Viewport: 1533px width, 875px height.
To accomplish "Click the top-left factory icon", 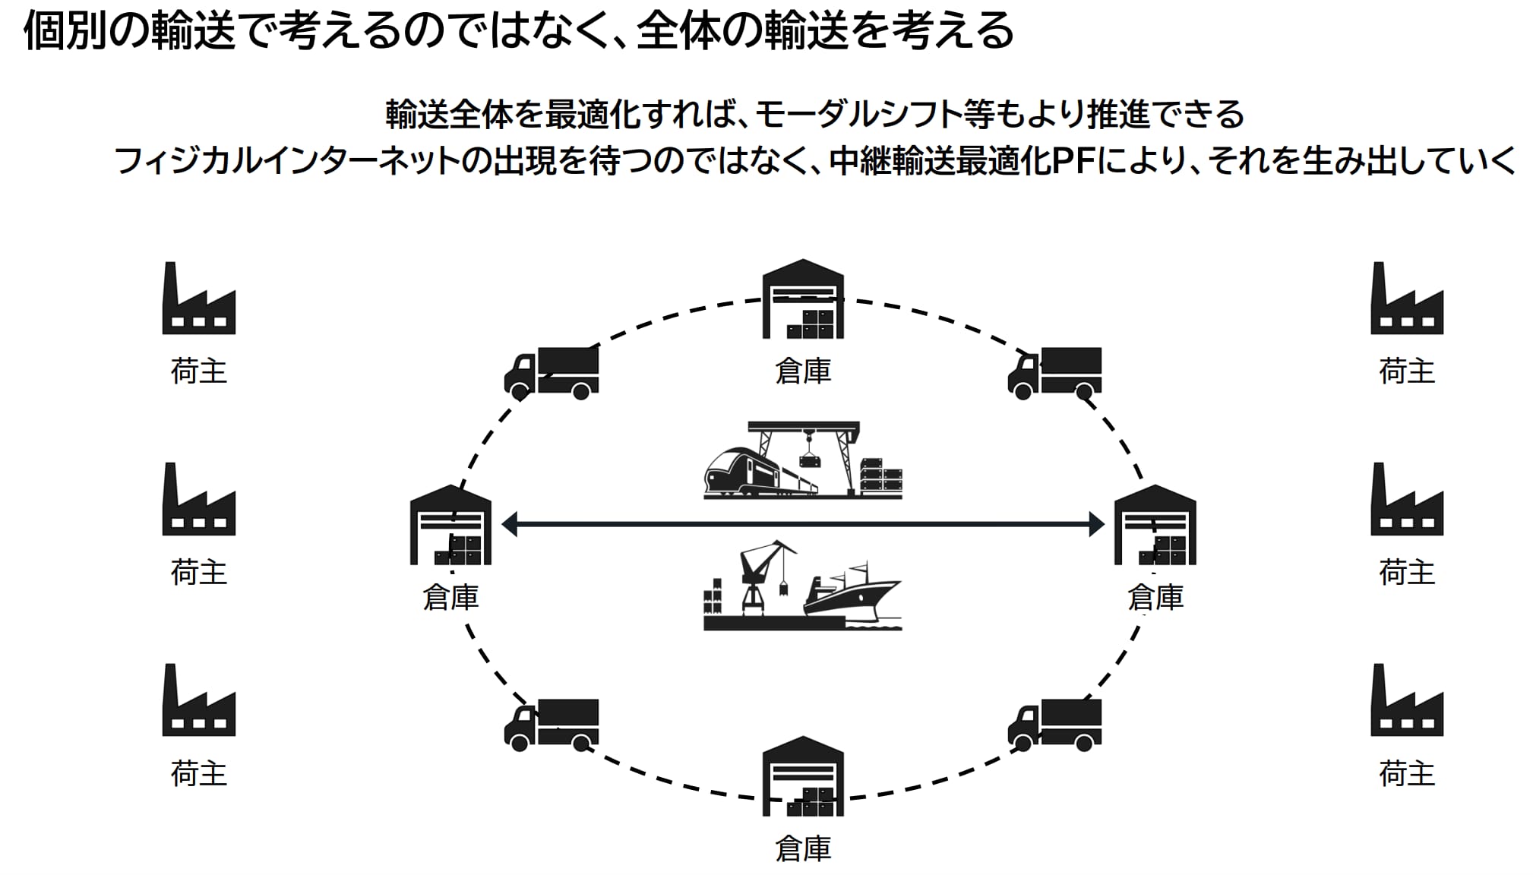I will (x=198, y=299).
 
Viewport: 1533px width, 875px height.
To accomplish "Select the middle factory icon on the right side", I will (x=1406, y=500).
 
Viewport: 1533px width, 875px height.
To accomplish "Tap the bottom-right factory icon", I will (x=1406, y=701).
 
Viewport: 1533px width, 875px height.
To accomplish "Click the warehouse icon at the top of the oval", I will (x=803, y=299).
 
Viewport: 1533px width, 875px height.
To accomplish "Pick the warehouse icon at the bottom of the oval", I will (x=803, y=776).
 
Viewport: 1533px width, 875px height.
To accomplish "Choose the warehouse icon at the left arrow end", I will (x=450, y=526).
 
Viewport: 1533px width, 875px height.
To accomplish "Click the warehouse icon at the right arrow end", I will (x=1155, y=526).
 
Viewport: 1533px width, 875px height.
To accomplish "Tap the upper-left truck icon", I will (x=552, y=373).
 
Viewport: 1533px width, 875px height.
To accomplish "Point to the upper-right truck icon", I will (x=1055, y=373).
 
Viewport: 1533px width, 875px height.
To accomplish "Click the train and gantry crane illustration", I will (x=803, y=461).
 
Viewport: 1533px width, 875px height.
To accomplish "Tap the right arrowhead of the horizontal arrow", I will (x=1095, y=524).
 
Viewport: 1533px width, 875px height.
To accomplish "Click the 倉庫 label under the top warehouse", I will (x=803, y=371).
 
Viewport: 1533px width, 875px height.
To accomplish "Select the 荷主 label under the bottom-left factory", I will (x=198, y=774).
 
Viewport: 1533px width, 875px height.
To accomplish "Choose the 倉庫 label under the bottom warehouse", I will (x=803, y=848).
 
